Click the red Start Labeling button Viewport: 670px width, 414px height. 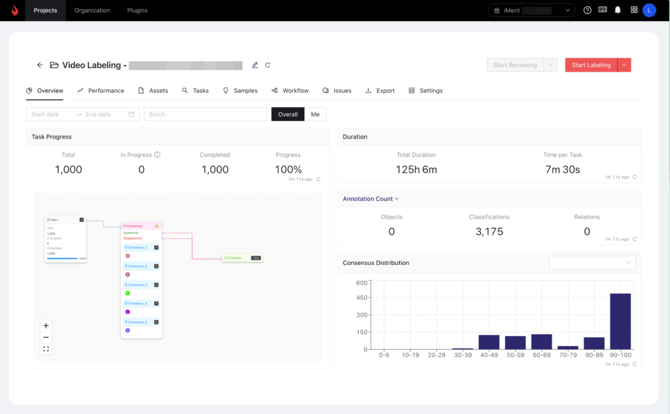point(591,65)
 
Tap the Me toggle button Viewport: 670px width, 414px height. point(315,114)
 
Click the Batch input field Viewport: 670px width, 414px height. point(205,114)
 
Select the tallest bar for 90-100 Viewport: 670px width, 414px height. point(620,321)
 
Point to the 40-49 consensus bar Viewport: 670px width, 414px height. point(489,342)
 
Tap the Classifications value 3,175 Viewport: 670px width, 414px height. point(489,232)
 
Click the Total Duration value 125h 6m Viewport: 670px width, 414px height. point(416,169)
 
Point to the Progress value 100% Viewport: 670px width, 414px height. point(288,169)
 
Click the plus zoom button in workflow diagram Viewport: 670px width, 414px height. point(46,326)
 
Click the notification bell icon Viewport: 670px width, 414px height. point(618,10)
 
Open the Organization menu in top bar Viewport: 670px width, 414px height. point(92,10)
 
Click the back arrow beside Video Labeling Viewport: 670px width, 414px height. point(40,65)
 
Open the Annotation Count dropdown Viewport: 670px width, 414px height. point(370,199)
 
